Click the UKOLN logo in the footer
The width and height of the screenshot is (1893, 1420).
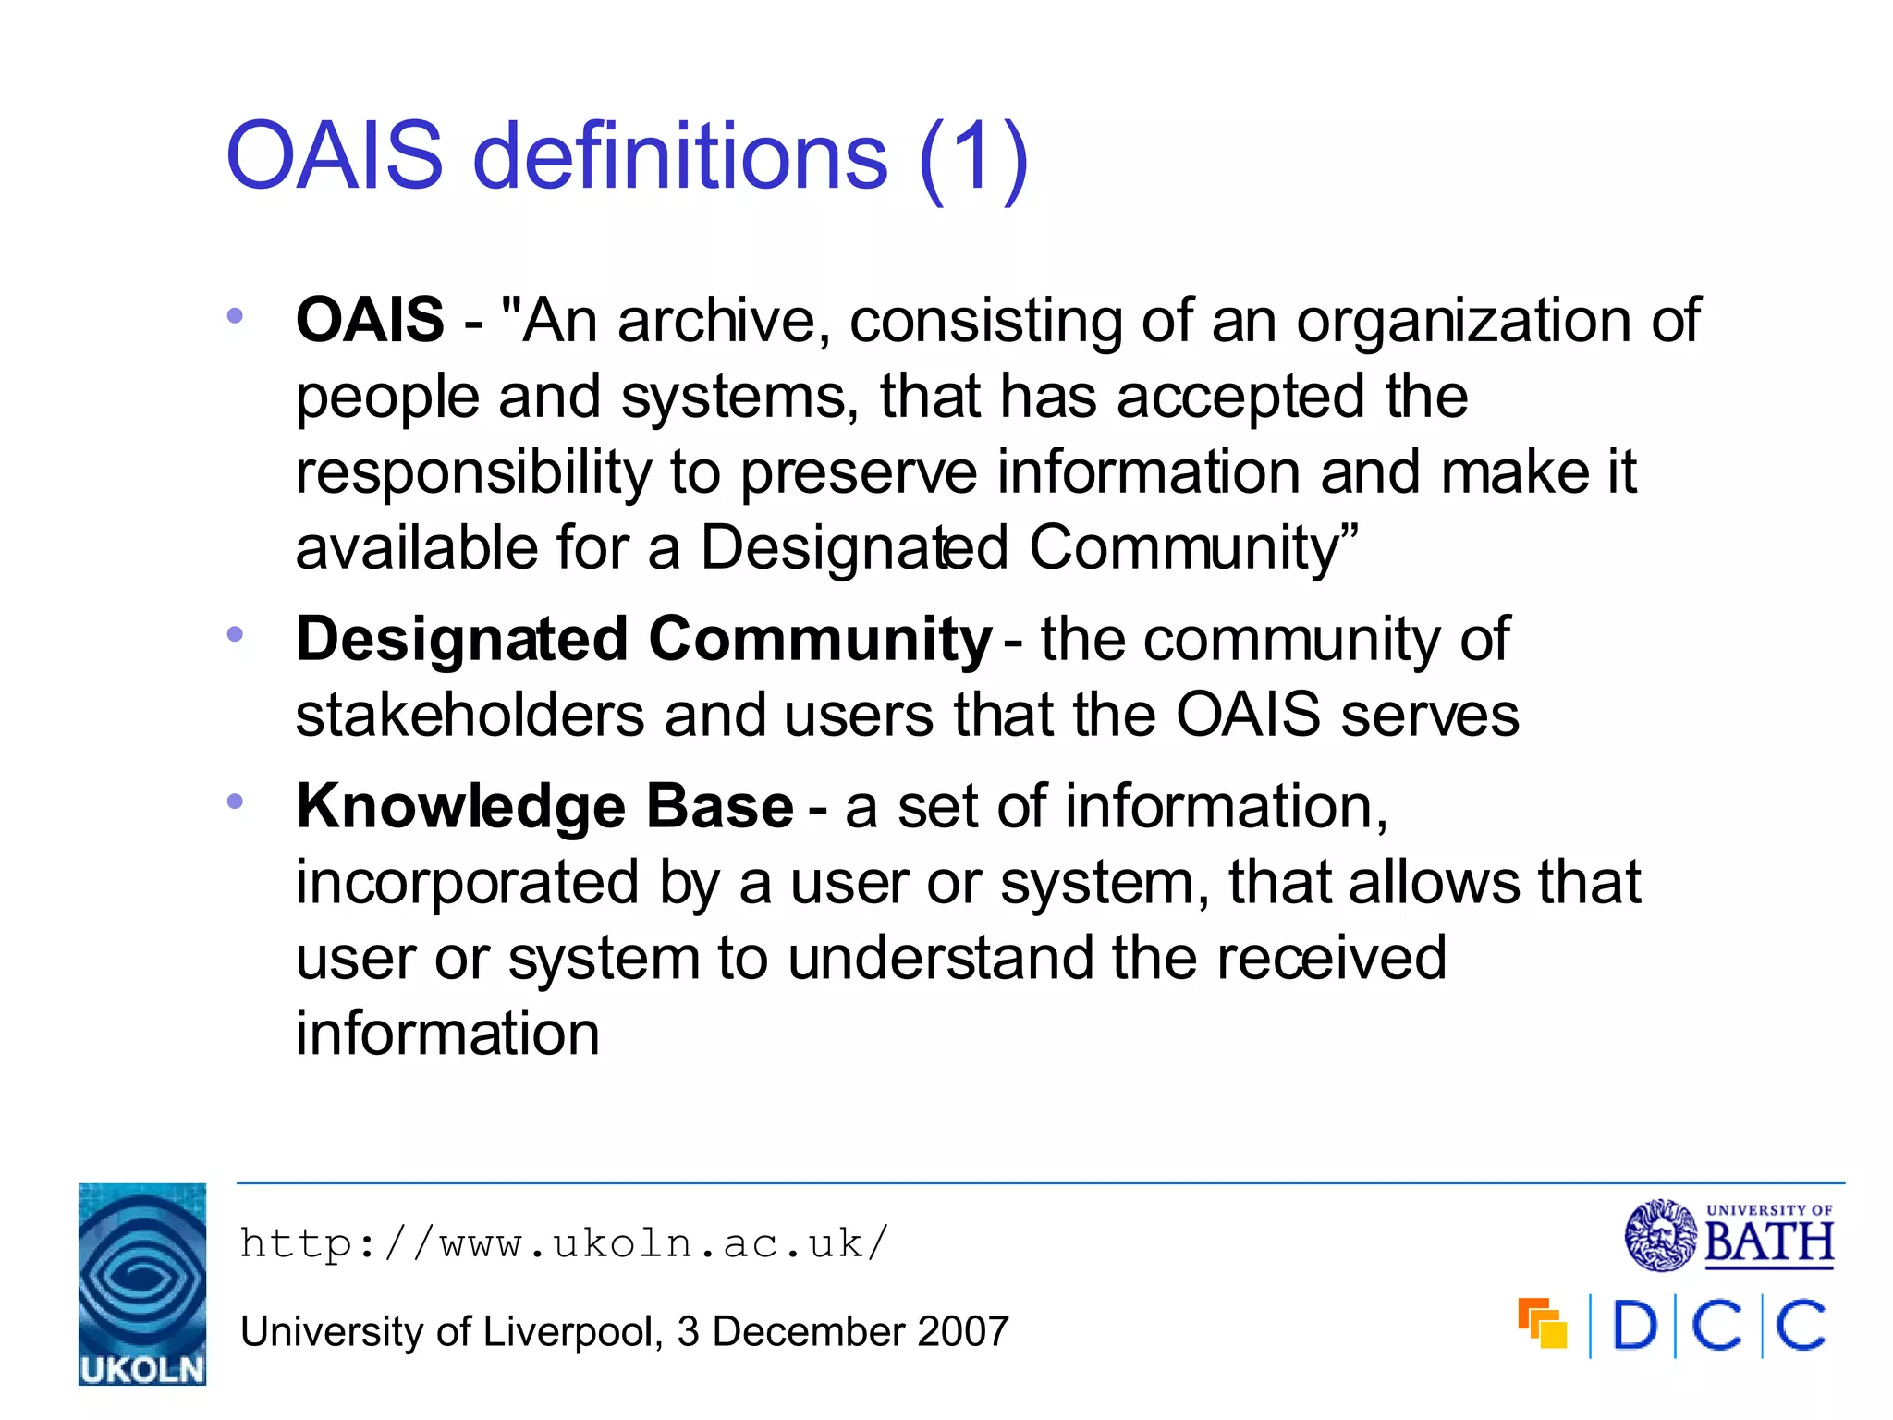pyautogui.click(x=141, y=1283)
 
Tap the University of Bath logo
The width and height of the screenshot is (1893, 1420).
pyautogui.click(x=1729, y=1236)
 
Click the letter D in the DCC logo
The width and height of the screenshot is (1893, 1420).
pyautogui.click(x=1634, y=1326)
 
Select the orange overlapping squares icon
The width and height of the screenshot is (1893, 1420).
pyautogui.click(x=1542, y=1323)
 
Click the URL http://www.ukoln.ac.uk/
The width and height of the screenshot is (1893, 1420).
pyautogui.click(x=564, y=1243)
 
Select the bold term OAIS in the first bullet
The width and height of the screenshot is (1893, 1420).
pyautogui.click(x=370, y=320)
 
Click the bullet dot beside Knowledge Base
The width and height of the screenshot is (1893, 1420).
pyautogui.click(x=235, y=801)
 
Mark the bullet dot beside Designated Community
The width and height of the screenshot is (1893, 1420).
pyautogui.click(x=235, y=634)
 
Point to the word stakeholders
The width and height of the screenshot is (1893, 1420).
pyautogui.click(x=470, y=716)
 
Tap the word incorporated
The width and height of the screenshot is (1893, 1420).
pyautogui.click(x=467, y=882)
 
